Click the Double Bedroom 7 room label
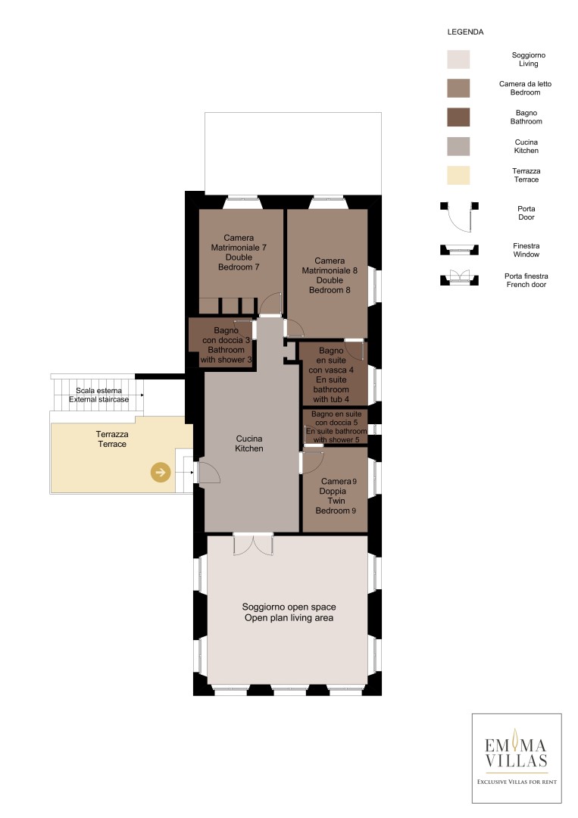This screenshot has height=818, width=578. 239,252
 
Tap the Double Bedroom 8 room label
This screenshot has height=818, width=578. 330,276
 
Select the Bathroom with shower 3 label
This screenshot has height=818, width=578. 226,345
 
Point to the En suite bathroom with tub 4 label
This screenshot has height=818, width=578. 331,375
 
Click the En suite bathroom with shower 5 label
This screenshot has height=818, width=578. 336,426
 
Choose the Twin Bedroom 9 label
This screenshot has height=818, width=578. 336,495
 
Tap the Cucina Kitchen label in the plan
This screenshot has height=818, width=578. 248,443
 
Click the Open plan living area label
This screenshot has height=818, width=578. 289,613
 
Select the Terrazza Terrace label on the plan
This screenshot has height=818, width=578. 112,439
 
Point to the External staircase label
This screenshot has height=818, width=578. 99,395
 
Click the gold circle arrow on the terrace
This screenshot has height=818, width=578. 161,472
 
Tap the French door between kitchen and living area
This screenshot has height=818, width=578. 253,544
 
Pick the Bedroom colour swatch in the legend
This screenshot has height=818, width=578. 458,88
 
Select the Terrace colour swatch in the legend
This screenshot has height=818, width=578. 458,175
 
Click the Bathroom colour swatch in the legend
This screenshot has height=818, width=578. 458,117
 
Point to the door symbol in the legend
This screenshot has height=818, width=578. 459,216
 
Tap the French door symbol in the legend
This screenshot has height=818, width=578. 459,277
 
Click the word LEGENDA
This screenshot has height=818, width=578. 465,32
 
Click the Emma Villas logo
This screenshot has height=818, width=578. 517,758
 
